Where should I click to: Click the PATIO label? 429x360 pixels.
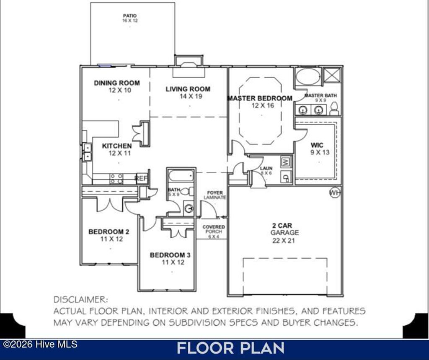130,15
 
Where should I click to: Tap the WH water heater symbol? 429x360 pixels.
335,193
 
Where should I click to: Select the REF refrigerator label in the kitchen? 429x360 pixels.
142,178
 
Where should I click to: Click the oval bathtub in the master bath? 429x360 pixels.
308,77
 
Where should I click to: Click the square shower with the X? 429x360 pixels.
333,76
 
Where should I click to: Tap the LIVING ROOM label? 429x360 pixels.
188,89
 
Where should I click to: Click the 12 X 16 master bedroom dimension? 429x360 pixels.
262,105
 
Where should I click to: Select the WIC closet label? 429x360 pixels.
317,145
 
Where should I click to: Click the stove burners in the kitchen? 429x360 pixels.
116,179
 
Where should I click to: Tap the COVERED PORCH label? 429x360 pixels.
214,229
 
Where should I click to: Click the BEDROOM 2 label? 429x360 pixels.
109,231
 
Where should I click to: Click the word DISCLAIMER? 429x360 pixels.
80,300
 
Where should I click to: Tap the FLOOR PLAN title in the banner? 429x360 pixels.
230,348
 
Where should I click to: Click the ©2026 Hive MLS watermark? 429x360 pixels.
40,344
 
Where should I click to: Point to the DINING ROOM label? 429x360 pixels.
117,83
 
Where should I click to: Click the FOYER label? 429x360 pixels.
215,193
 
